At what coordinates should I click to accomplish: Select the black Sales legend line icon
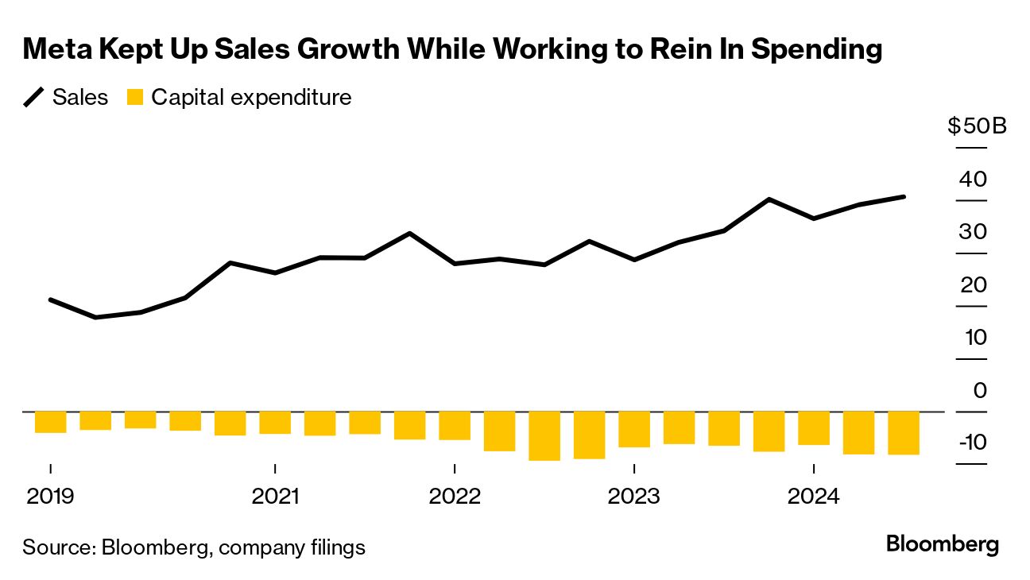pos(34,98)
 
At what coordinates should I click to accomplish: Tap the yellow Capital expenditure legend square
pos(136,98)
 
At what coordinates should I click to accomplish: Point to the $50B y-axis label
pos(977,126)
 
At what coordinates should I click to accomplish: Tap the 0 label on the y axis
pos(979,390)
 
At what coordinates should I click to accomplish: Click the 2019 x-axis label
pos(50,497)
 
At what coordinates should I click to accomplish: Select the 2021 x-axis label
pos(274,497)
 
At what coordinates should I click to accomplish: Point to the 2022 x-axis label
pos(454,497)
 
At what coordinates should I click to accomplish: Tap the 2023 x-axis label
pos(633,497)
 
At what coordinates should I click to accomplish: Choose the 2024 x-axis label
pos(812,497)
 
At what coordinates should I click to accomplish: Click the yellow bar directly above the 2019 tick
pos(50,422)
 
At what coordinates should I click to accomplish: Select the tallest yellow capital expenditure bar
pos(544,435)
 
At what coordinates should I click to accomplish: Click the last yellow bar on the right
pos(904,433)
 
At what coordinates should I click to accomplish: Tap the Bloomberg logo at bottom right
pos(942,545)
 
